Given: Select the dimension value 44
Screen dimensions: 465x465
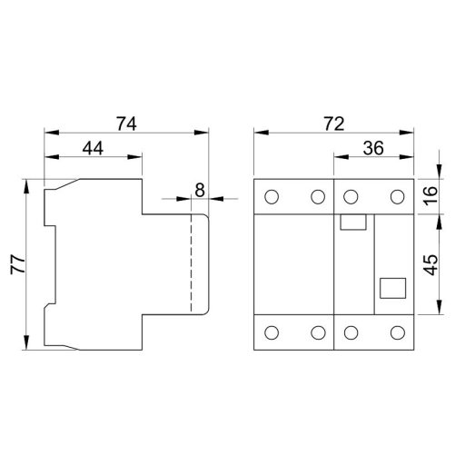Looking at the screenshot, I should [94, 147].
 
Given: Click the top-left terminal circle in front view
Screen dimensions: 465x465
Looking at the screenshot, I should [272, 197].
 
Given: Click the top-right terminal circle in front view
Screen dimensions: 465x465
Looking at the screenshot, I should [397, 197].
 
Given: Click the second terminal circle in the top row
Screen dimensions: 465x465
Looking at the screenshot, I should [317, 197].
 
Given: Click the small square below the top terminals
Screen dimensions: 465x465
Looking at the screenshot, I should [350, 223].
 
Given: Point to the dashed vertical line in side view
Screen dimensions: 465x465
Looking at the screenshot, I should [192, 263].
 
